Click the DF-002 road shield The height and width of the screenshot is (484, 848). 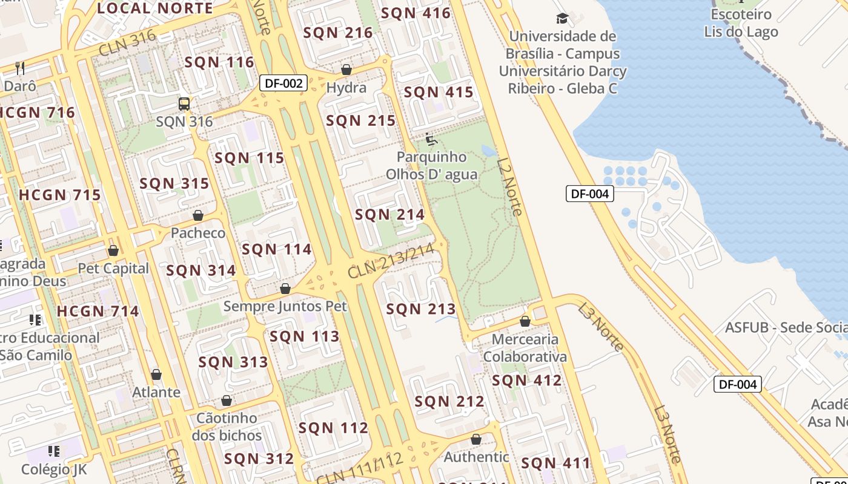(283, 83)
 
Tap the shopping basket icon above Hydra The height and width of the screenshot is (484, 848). (346, 70)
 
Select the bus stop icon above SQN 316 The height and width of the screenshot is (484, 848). (184, 104)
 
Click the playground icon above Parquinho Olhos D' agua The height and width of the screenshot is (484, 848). (431, 140)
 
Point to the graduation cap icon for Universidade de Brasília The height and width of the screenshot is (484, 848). (562, 19)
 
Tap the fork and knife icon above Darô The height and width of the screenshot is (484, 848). (20, 68)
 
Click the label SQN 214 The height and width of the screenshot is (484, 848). (389, 214)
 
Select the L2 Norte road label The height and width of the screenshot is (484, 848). (509, 186)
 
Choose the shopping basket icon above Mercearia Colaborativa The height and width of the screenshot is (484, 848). (525, 321)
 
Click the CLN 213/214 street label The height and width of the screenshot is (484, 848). (391, 261)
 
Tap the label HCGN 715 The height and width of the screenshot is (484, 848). (60, 195)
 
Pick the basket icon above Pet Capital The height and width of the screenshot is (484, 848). (113, 250)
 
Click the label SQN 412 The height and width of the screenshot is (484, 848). (526, 381)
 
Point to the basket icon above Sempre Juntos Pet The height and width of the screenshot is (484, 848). (285, 289)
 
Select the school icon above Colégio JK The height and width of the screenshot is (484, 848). (54, 451)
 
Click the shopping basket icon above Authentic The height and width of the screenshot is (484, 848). (476, 439)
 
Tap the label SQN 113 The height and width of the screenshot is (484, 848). (304, 336)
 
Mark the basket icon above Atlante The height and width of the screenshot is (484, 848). (156, 374)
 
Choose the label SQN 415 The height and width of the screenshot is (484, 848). (438, 92)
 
